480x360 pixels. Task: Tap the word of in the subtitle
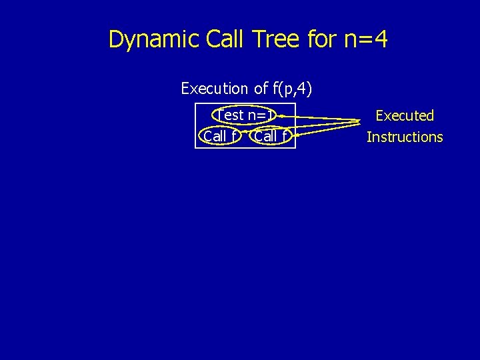pos(260,89)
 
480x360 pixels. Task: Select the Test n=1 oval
pos(245,116)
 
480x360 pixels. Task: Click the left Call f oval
pos(220,137)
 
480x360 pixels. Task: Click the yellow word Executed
pos(405,116)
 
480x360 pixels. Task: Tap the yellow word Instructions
pos(405,137)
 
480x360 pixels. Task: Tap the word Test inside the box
pos(231,116)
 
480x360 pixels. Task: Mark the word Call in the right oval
pos(266,137)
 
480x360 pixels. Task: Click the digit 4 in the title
pos(380,40)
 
